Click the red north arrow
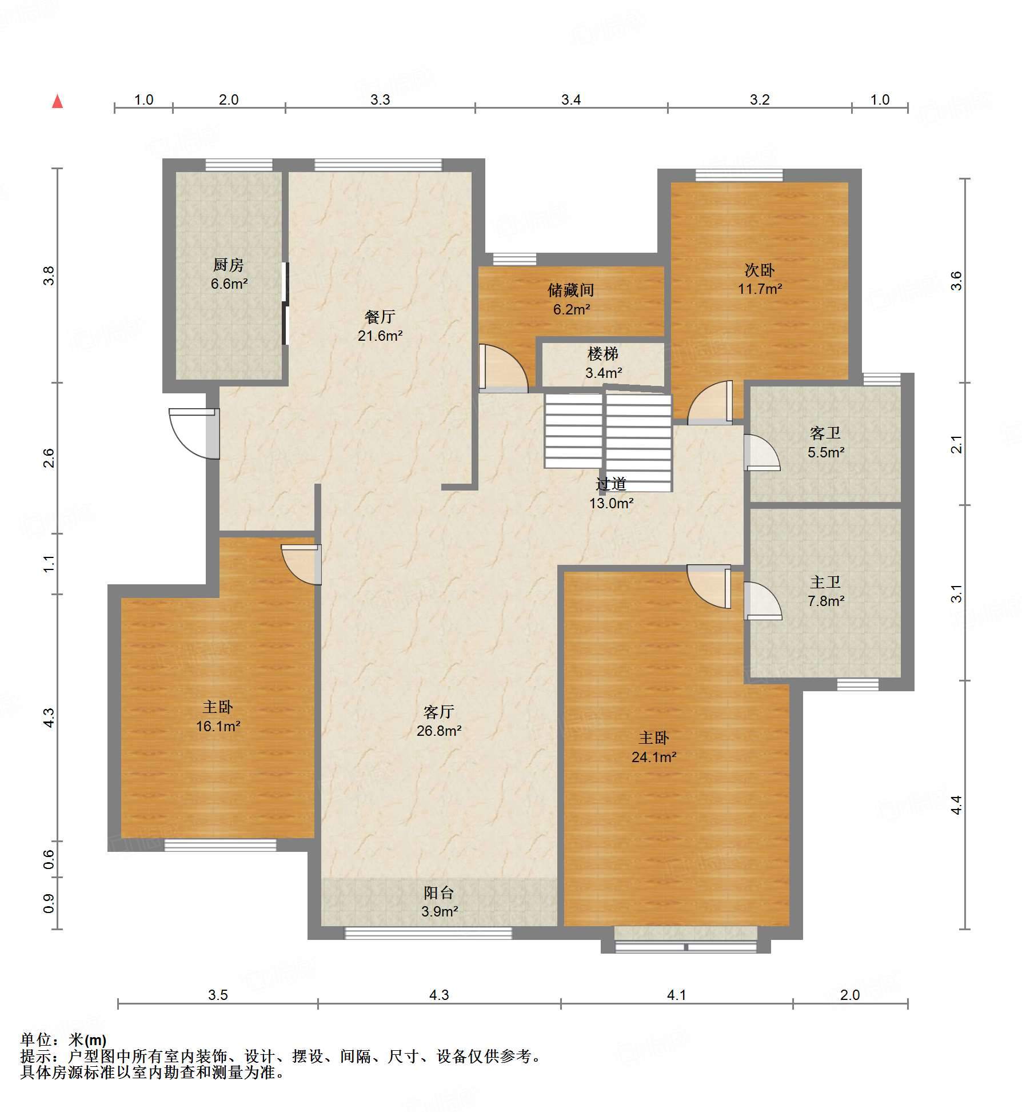[x=57, y=101]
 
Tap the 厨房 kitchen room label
[x=229, y=274]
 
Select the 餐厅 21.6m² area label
[x=380, y=326]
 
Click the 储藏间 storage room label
[x=571, y=300]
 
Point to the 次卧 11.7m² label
[x=760, y=279]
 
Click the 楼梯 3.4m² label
[x=603, y=363]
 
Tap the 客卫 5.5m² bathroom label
[x=826, y=443]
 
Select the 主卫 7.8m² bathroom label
[x=826, y=591]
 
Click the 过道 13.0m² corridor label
[x=611, y=493]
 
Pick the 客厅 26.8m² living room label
[x=439, y=721]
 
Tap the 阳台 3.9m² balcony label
[x=439, y=902]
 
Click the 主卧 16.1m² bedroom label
[x=218, y=716]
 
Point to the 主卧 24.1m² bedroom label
[x=654, y=747]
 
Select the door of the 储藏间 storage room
[x=503, y=368]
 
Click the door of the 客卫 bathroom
[x=761, y=452]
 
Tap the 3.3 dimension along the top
[x=380, y=100]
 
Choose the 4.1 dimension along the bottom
[x=677, y=995]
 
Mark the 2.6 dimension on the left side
[x=49, y=458]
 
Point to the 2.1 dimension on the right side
[x=957, y=444]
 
